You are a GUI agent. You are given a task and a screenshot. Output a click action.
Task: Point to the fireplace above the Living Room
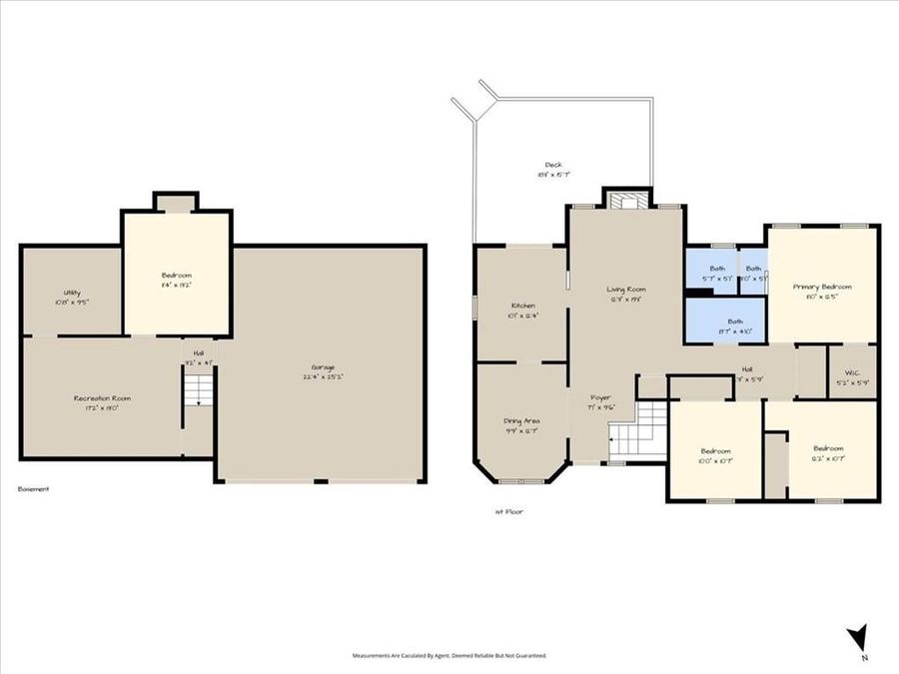pyautogui.click(x=626, y=199)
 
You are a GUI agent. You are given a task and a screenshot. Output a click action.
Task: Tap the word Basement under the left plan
pyautogui.click(x=34, y=489)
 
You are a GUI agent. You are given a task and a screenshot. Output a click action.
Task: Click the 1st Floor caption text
pyautogui.click(x=508, y=511)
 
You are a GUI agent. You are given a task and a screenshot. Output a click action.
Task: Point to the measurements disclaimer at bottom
pyautogui.click(x=449, y=656)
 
